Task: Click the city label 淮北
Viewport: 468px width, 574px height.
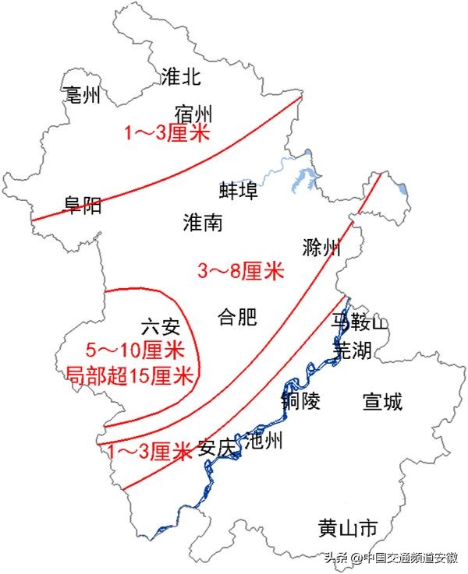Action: [x=181, y=76]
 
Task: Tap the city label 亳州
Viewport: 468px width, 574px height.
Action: [x=82, y=95]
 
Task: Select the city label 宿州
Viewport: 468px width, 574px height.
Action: [x=193, y=112]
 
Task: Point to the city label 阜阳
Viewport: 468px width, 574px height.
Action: [x=82, y=206]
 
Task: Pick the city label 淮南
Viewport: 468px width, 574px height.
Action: [x=203, y=223]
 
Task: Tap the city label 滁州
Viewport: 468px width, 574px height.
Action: [x=321, y=248]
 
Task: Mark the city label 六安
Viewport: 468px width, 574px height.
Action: [x=161, y=326]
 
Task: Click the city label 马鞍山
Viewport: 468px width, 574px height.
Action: [x=359, y=322]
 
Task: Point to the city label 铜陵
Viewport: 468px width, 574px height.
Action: [x=301, y=401]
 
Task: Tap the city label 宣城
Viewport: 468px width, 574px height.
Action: [x=383, y=402]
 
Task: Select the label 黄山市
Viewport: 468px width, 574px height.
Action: [x=348, y=529]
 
